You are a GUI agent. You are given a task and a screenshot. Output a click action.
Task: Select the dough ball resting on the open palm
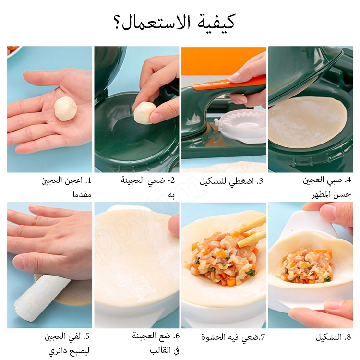(x=66, y=108)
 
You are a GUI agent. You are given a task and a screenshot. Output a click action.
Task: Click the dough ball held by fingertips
(x=144, y=113)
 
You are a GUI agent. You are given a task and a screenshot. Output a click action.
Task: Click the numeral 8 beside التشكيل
(x=348, y=337)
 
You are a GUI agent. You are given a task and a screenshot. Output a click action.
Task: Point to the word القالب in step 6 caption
(x=161, y=350)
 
